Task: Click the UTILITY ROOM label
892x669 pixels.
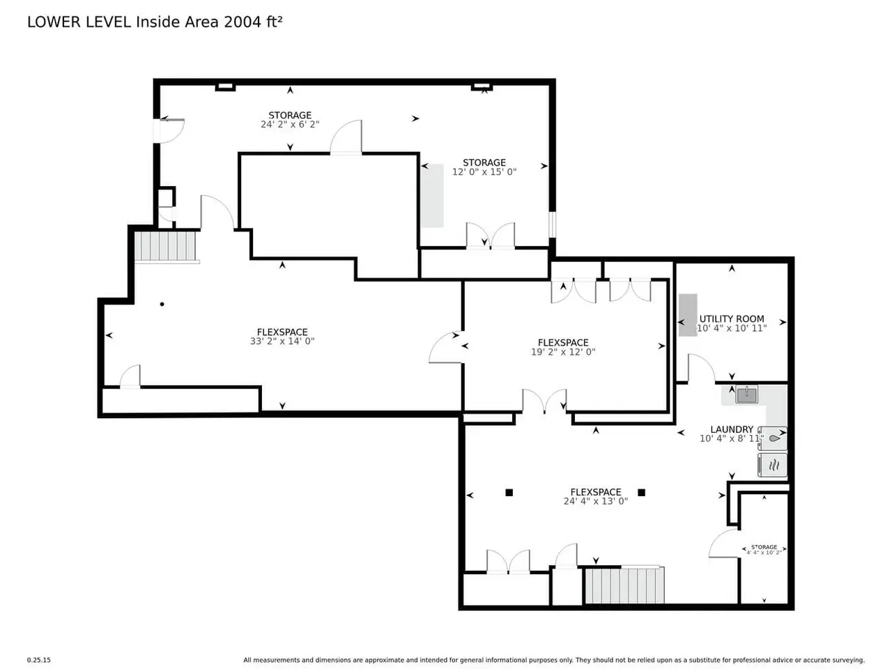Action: [x=731, y=319]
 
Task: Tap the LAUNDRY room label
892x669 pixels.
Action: [x=732, y=429]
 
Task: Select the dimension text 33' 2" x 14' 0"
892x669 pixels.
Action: [x=282, y=341]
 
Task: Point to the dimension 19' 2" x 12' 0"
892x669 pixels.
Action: [x=563, y=352]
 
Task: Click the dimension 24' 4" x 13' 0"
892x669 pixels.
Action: [x=595, y=501]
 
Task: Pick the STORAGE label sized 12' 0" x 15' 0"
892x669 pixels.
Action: [x=484, y=162]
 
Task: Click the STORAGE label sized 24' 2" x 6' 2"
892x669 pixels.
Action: [x=290, y=116]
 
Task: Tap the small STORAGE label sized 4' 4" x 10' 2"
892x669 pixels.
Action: [x=764, y=547]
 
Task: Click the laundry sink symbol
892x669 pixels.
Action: [x=746, y=394]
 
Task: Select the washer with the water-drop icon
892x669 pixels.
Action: [x=773, y=438]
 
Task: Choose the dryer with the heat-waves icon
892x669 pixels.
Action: [x=773, y=465]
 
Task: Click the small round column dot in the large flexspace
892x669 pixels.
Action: [x=162, y=305]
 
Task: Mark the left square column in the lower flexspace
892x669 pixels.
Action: [x=509, y=493]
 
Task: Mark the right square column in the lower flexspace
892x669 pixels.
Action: [x=641, y=493]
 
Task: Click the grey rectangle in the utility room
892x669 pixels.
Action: [x=688, y=315]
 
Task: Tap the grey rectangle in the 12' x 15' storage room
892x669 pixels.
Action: [x=432, y=195]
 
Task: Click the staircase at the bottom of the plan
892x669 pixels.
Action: [x=624, y=585]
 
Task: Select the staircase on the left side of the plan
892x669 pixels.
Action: [x=165, y=246]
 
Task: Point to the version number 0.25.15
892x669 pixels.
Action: [x=39, y=660]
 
